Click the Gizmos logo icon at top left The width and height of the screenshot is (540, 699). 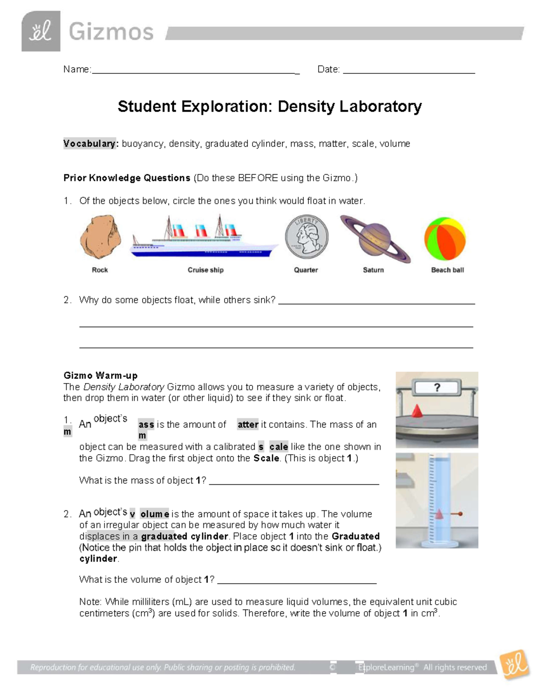(40, 32)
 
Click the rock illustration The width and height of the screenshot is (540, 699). (100, 238)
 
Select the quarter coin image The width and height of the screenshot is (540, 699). (306, 237)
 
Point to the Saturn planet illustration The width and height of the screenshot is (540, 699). (374, 239)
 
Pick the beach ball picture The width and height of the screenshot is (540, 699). (445, 239)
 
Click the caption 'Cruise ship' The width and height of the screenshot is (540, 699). (205, 270)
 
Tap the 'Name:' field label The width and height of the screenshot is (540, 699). (77, 69)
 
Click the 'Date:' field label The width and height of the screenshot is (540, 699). (328, 69)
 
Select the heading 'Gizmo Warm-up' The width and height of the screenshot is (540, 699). (100, 375)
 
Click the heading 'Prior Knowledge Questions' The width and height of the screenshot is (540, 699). (126, 178)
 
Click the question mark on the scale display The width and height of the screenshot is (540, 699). (436, 388)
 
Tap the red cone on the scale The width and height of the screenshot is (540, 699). (417, 410)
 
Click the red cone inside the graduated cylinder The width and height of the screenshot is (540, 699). (439, 514)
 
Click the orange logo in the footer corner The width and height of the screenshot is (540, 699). (514, 665)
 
